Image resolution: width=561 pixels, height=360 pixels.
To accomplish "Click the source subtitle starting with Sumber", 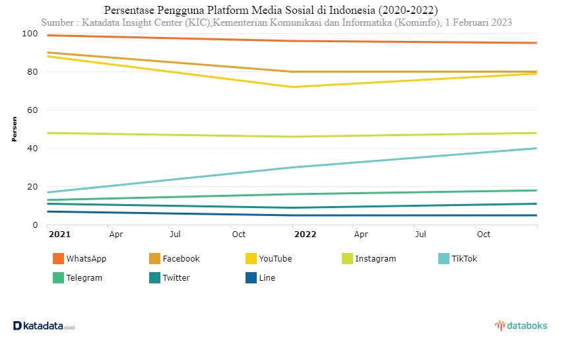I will click(276, 22).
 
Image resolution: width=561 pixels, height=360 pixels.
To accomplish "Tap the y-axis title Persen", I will click(15, 129).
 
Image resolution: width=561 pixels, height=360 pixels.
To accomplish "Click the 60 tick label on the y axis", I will click(32, 110).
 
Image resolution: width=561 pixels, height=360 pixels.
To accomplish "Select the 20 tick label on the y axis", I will click(32, 187).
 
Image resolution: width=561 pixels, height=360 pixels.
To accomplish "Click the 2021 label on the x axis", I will click(59, 234).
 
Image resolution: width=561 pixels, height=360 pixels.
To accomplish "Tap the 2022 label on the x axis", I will click(305, 234).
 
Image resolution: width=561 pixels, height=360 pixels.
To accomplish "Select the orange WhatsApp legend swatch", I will click(57, 258).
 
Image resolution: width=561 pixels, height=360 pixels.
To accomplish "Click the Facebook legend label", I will click(181, 259).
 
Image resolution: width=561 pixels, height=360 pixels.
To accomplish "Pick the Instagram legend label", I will click(376, 259).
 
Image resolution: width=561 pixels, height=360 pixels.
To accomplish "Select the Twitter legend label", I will click(176, 278).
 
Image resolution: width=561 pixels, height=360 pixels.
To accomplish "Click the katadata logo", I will click(44, 326).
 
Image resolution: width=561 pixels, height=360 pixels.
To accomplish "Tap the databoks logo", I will click(521, 326).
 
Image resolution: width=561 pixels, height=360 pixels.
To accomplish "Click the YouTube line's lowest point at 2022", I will click(292, 87).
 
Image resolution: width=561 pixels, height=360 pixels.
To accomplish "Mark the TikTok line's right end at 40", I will click(537, 149).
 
